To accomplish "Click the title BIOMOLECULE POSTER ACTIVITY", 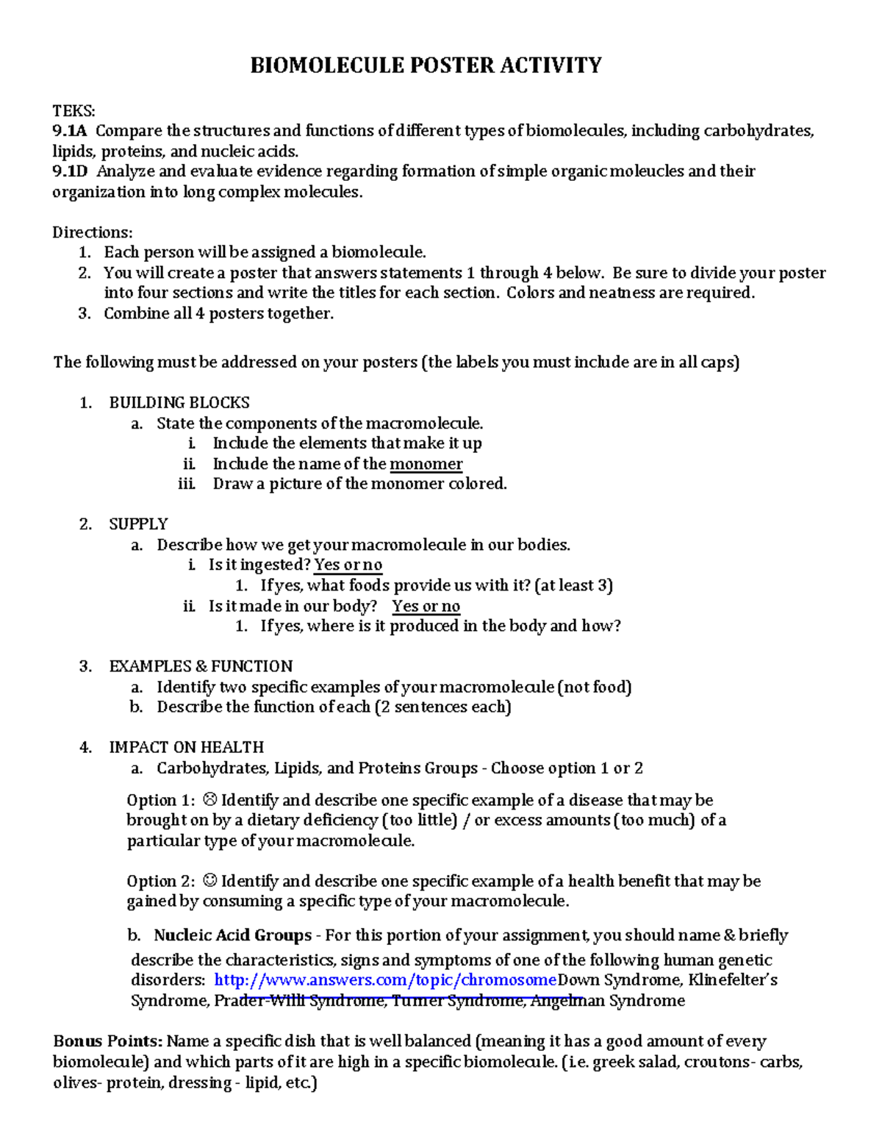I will point(426,66).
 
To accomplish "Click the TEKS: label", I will point(73,111).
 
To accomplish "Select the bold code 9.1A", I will point(70,132).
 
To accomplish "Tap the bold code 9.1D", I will point(71,172).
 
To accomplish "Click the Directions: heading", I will point(93,232).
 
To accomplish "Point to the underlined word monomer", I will point(426,464).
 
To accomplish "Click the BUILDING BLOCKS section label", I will point(179,403).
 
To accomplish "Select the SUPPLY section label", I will point(138,524).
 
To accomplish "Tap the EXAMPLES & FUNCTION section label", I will point(201,666).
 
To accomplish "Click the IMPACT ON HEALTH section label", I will point(186,748).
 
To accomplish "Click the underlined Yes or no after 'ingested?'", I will point(348,565).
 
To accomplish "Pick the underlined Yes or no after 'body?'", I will point(426,607).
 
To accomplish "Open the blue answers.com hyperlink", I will point(385,980).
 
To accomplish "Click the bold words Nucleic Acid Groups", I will point(232,936).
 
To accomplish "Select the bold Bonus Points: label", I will point(107,1041).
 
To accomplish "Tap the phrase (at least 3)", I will point(574,586).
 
